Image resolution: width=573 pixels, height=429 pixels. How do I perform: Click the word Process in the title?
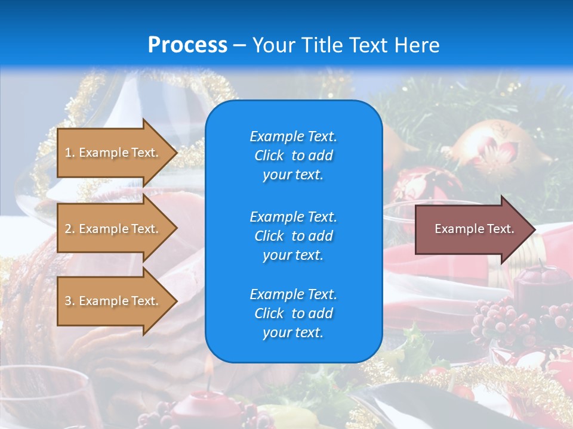187,45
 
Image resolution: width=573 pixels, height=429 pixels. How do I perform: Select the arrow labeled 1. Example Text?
113,153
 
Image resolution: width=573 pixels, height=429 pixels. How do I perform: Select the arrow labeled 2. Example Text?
113,229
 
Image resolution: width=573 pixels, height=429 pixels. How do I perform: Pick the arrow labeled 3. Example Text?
113,301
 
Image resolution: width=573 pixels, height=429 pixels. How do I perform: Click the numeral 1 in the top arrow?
68,153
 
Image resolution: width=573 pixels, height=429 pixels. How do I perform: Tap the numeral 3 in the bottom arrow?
68,301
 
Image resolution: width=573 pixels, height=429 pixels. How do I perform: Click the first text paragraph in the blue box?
293,156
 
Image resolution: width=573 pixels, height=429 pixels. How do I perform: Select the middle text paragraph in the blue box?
293,235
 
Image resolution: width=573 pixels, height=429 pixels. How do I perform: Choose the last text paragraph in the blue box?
293,313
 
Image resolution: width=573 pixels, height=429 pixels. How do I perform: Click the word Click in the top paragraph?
269,156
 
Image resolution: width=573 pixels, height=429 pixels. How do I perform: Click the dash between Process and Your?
239,46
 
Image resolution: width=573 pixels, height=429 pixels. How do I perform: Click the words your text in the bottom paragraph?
293,332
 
